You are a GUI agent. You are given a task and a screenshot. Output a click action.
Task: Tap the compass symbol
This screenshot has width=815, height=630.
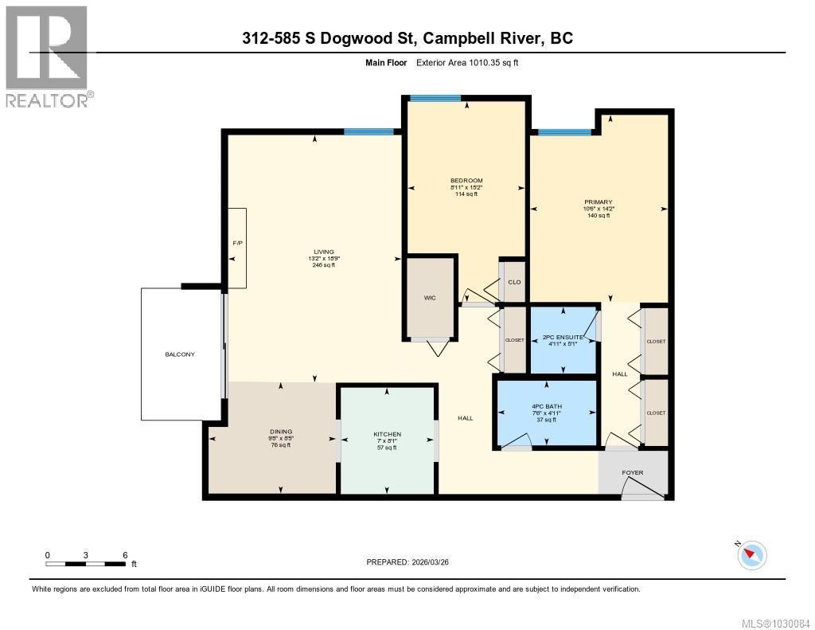(x=752, y=554)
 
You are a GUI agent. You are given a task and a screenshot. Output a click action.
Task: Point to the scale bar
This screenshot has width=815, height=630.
(x=86, y=564)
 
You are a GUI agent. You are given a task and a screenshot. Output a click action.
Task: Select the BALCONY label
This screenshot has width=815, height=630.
(x=180, y=354)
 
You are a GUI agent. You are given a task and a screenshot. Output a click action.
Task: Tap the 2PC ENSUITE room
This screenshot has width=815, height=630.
(x=563, y=340)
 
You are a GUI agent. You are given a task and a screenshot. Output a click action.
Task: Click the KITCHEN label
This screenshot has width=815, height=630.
(x=387, y=435)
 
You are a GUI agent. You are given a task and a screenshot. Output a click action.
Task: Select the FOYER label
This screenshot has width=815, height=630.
(x=633, y=472)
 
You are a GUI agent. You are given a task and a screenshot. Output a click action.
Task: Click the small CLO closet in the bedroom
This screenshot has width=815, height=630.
(x=514, y=280)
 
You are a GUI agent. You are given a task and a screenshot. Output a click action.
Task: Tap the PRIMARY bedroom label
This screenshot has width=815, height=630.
(x=598, y=202)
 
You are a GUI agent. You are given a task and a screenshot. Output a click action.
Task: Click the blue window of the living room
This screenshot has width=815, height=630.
(x=369, y=131)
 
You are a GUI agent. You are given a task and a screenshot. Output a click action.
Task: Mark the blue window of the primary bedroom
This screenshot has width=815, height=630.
(x=564, y=132)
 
